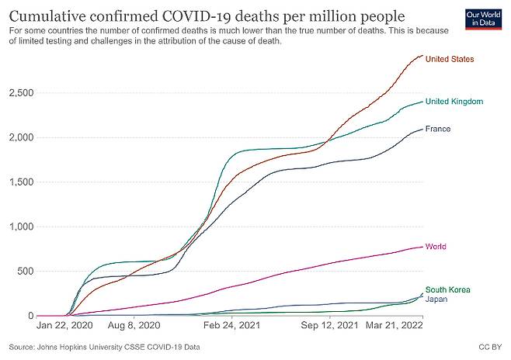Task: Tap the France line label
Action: click(x=438, y=129)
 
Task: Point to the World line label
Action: click(x=436, y=247)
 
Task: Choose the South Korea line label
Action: click(x=447, y=289)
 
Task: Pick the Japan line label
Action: click(x=436, y=299)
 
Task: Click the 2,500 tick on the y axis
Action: click(x=22, y=93)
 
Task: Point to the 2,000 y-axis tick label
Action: click(x=22, y=138)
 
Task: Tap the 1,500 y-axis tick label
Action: click(x=22, y=182)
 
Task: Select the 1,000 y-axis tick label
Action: click(x=22, y=227)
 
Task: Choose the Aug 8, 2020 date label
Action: click(x=134, y=327)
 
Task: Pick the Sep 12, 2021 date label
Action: click(x=332, y=327)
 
